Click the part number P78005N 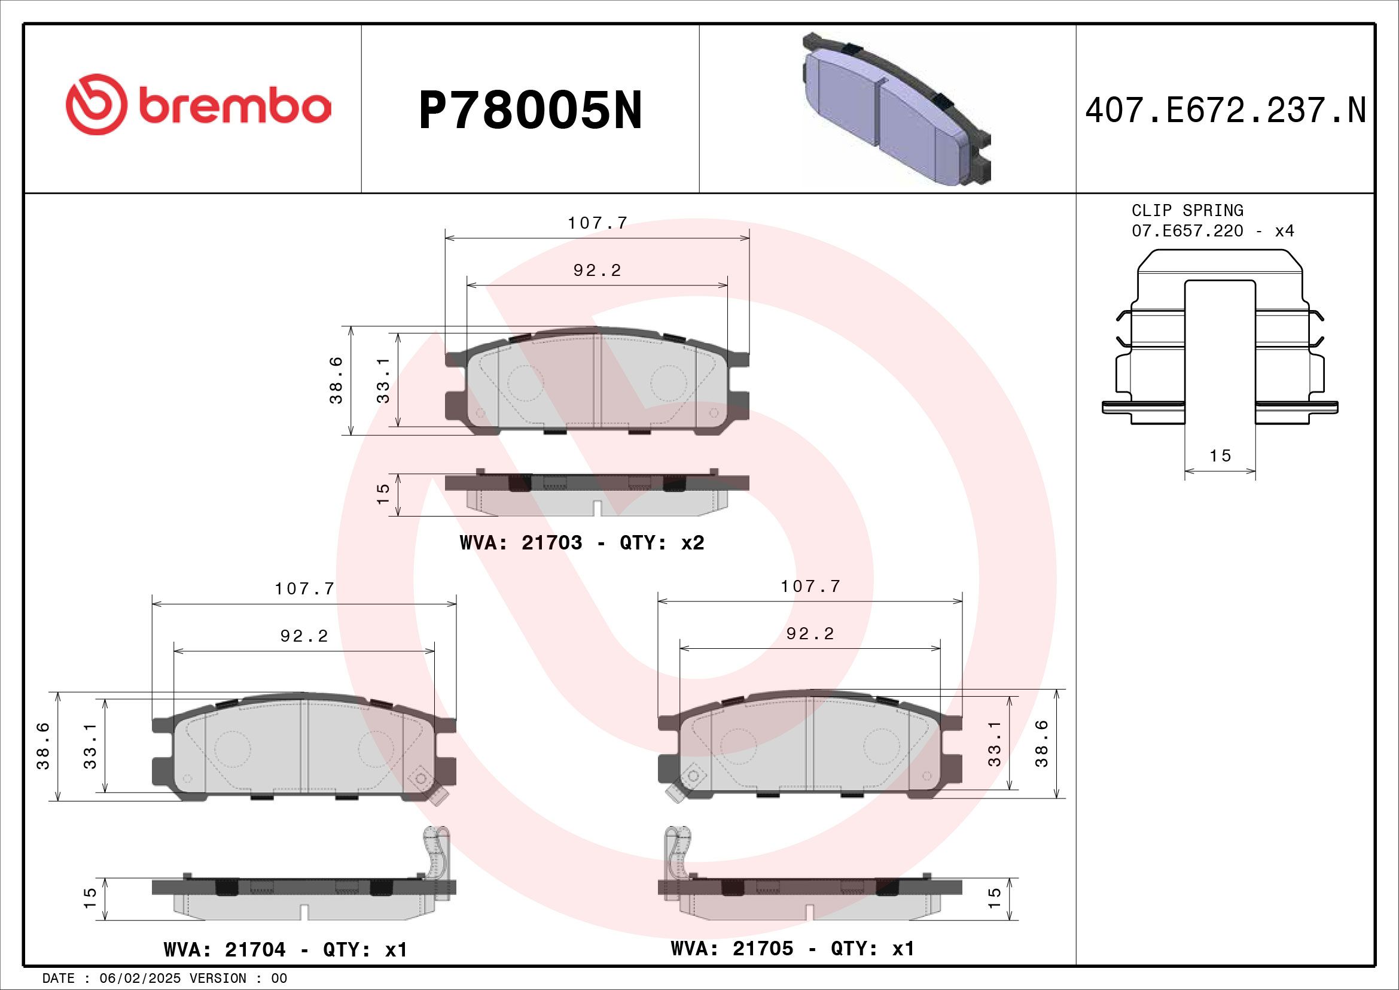click(x=530, y=111)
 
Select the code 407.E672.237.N click(x=1226, y=111)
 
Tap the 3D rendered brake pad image click(x=896, y=110)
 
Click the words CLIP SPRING click(x=1187, y=210)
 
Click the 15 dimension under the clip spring click(x=1220, y=456)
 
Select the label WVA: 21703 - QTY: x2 click(x=582, y=542)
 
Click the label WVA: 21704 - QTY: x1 click(x=285, y=950)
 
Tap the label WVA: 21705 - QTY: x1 click(x=792, y=949)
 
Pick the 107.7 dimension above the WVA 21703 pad click(x=597, y=223)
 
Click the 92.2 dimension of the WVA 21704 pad click(x=304, y=636)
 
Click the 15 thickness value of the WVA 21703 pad click(x=383, y=493)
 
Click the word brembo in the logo click(x=234, y=107)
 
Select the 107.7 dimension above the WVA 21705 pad click(x=810, y=587)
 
